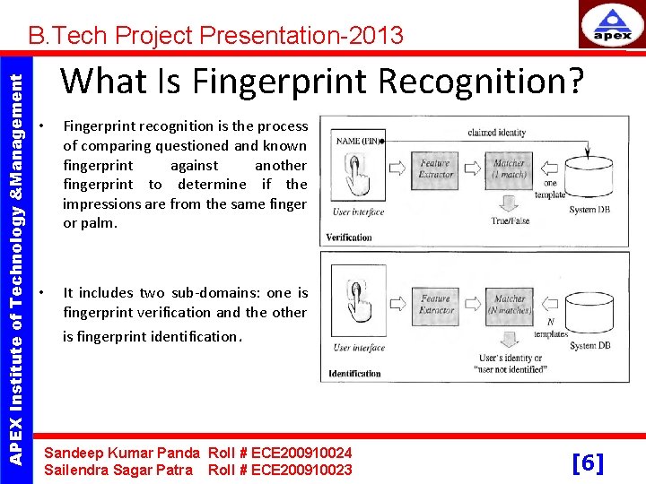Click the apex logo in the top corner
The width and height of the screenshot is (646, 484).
[612, 27]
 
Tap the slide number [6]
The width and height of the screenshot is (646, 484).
[588, 462]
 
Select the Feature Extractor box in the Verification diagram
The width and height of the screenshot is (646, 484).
[435, 169]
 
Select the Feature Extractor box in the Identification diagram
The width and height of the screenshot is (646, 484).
[435, 304]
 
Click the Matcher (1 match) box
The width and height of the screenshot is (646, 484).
[509, 169]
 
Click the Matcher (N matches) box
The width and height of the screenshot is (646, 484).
[510, 304]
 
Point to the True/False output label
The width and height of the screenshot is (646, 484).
[509, 220]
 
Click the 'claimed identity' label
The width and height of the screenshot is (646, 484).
[496, 133]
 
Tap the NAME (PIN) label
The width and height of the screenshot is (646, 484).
[357, 141]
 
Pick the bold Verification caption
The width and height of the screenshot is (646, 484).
[350, 238]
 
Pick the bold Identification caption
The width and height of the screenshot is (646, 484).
[354, 373]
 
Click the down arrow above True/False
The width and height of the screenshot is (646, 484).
[509, 202]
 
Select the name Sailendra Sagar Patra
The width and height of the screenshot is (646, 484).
[118, 470]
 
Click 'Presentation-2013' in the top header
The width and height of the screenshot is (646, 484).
[301, 36]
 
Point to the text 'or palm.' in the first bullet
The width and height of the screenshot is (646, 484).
[90, 223]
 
